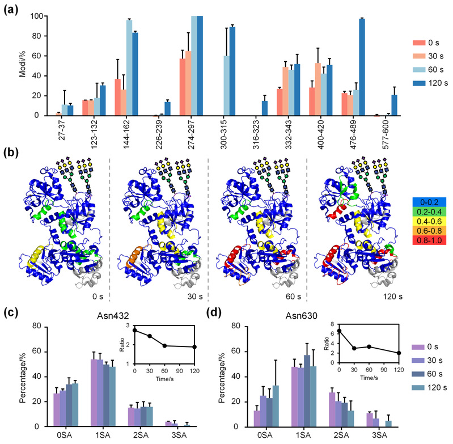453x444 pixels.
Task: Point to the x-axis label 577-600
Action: coord(394,130)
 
